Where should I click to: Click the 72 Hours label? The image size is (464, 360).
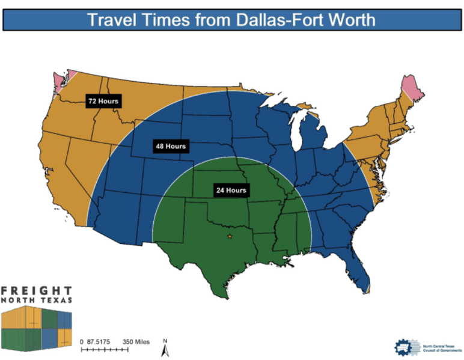click(103, 101)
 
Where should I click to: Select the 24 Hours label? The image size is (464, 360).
click(231, 190)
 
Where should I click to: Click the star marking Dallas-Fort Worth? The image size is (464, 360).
click(230, 237)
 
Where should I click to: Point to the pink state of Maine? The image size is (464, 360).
click(410, 88)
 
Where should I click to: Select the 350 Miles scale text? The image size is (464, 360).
click(136, 341)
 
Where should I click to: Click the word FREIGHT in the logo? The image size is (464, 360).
click(37, 291)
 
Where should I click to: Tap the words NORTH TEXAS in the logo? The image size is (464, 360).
click(37, 301)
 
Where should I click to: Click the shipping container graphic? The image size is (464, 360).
click(37, 328)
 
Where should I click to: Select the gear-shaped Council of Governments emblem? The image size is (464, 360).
click(404, 347)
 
